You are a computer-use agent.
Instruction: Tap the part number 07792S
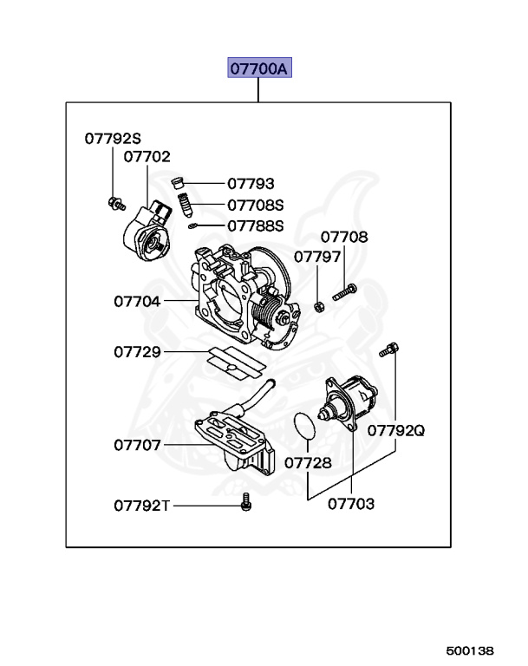[113, 138]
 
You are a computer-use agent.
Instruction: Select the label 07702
[147, 157]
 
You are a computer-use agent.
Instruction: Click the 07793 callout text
[251, 184]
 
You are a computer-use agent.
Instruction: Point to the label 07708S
[256, 206]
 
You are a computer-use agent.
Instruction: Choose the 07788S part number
[256, 226]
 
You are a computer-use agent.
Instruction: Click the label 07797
[316, 257]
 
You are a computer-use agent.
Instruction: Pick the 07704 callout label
[137, 302]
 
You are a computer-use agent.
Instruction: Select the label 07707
[137, 445]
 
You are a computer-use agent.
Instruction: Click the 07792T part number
[142, 506]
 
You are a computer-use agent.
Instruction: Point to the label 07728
[308, 462]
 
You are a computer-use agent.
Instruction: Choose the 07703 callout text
[351, 503]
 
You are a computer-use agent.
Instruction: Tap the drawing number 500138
[470, 650]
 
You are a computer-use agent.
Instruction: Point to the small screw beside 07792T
[245, 502]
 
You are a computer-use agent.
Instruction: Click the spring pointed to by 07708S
[185, 207]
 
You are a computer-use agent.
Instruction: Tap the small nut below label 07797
[318, 305]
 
